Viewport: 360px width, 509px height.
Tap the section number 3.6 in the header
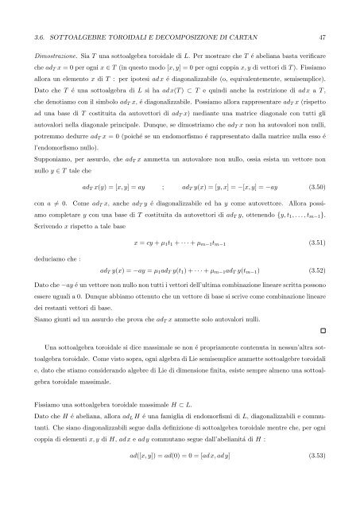(33, 37)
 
